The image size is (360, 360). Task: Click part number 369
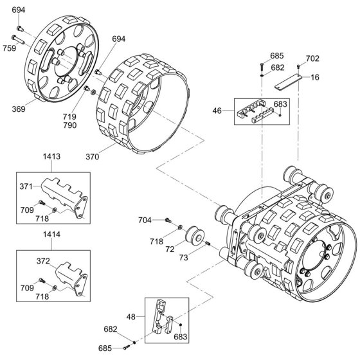point(19,109)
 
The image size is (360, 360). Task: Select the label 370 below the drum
point(93,157)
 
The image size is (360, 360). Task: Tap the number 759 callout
point(10,48)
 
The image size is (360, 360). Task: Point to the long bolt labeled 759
point(18,39)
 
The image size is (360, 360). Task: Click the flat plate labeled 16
point(288,82)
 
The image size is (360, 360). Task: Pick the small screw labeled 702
point(298,67)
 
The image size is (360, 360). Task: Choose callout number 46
point(217,111)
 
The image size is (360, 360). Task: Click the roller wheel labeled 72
point(195,235)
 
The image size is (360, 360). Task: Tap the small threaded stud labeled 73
point(207,243)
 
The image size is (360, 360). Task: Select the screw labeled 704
point(168,220)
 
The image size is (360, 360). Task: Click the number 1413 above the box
point(51,156)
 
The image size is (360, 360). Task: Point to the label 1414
point(51,235)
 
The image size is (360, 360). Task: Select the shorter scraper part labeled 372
point(71,278)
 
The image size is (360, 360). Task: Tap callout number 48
point(131,317)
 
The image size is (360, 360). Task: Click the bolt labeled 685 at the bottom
point(126,348)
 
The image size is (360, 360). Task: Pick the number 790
point(70,125)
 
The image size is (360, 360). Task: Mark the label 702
point(312,59)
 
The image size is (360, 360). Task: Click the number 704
point(145,220)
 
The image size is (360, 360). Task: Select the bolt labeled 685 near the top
point(262,67)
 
